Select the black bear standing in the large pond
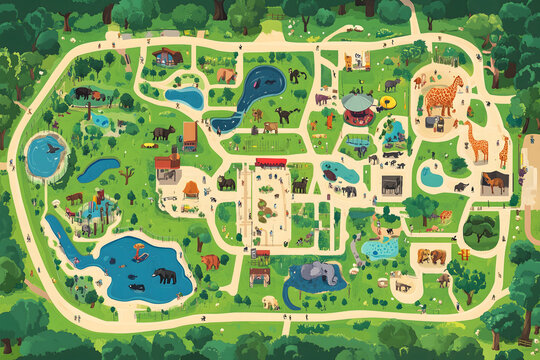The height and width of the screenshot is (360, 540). [164, 275]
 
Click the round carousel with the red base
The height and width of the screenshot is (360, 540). [357, 105]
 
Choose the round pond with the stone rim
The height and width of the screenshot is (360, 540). [46, 154]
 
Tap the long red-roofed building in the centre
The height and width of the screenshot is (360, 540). [270, 161]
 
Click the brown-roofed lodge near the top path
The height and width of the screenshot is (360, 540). [168, 57]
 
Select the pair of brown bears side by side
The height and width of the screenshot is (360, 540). [432, 256]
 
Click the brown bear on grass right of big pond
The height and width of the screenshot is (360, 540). [209, 261]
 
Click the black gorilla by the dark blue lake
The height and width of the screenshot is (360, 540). [296, 75]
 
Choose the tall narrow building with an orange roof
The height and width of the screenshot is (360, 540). [189, 135]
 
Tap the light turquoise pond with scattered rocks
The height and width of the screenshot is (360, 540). [379, 247]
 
